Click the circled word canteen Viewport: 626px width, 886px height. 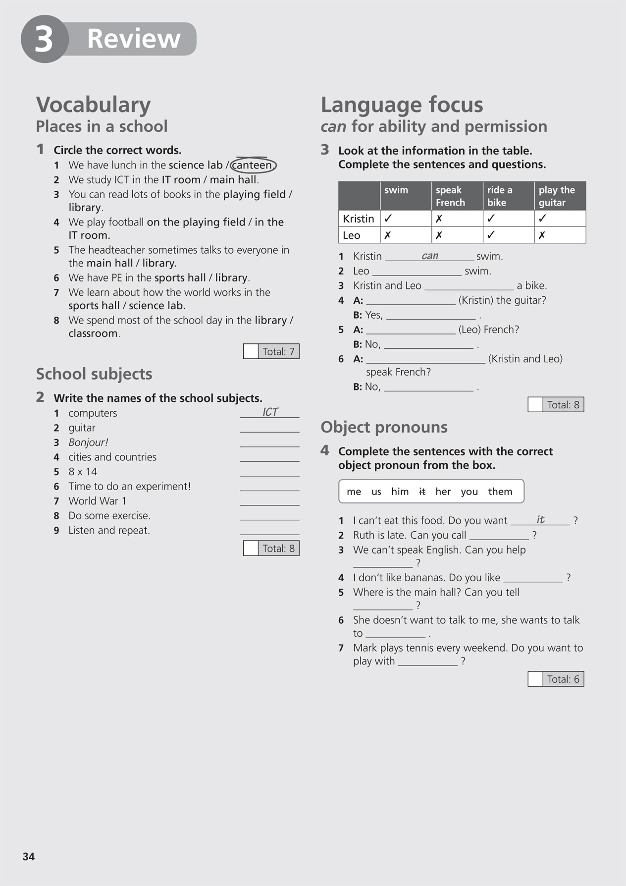click(x=253, y=165)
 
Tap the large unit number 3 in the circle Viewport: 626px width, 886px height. click(x=44, y=39)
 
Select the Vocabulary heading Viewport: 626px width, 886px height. click(x=94, y=105)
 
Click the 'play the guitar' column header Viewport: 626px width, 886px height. click(x=559, y=196)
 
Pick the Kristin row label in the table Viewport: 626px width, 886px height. click(x=359, y=219)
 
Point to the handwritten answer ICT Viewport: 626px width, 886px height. click(x=270, y=412)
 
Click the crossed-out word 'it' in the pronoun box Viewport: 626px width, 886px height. click(x=422, y=492)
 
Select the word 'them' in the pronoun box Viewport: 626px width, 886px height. click(x=500, y=492)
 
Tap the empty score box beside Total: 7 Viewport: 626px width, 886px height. click(x=251, y=351)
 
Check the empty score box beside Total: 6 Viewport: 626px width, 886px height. click(x=535, y=679)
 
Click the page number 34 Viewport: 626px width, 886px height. click(x=29, y=856)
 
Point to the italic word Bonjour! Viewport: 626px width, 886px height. click(x=88, y=443)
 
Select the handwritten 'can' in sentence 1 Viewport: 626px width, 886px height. click(x=429, y=256)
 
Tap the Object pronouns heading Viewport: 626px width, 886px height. click(x=384, y=427)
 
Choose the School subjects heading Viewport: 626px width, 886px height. click(x=94, y=374)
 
